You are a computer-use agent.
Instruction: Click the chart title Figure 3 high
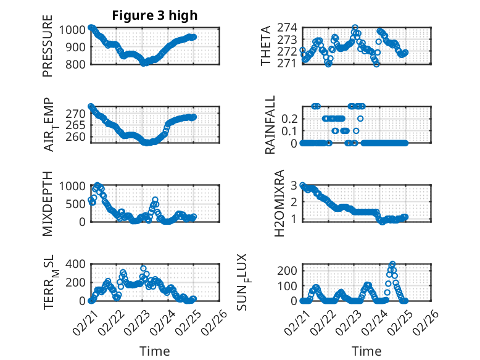(155, 15)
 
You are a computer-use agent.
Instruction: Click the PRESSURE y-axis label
(48, 50)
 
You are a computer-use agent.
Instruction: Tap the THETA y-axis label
(266, 46)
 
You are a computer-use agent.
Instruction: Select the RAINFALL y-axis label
(270, 125)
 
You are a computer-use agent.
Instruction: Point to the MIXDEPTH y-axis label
(48, 203)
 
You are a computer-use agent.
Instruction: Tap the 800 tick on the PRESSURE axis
(80, 63)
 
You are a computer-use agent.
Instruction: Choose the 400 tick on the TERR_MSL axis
(80, 264)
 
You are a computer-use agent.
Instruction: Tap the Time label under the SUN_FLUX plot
(366, 351)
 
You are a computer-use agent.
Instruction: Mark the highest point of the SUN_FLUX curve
(392, 264)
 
